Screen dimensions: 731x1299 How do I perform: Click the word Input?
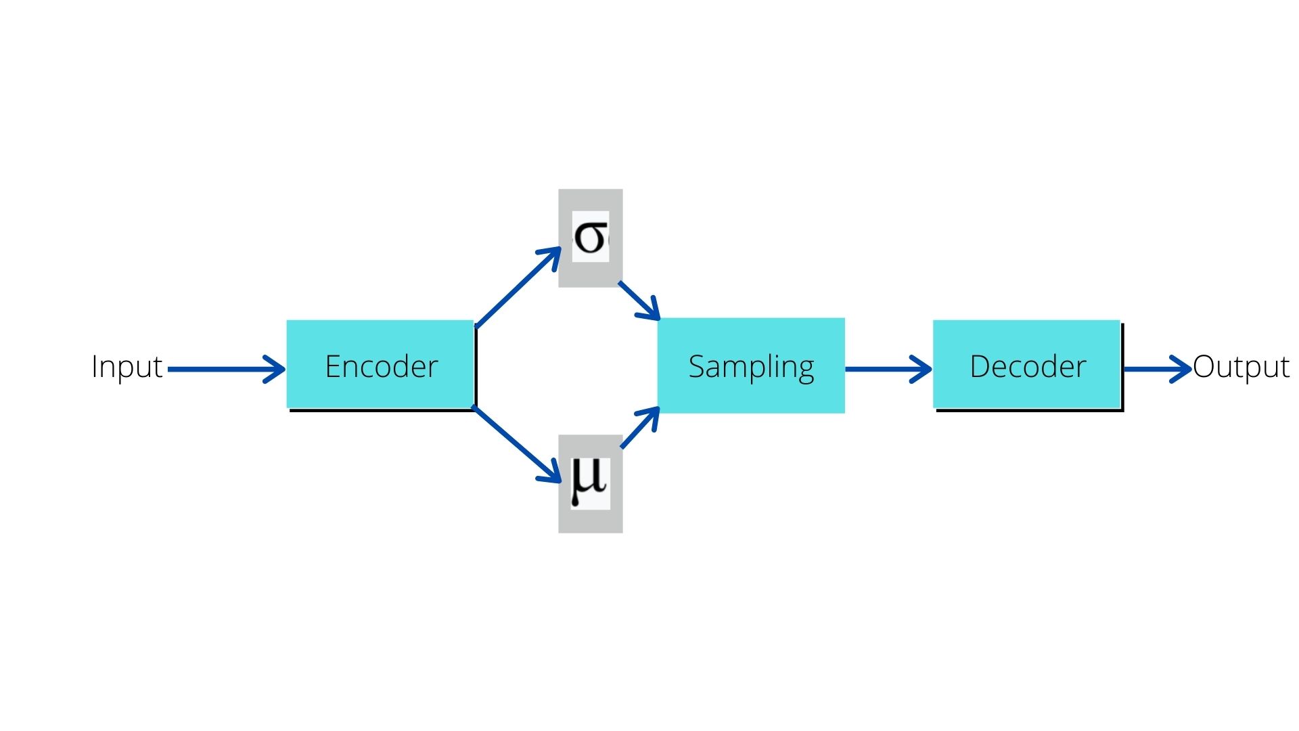127,367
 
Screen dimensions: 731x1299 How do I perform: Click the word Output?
1241,367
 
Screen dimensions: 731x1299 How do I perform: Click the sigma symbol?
590,238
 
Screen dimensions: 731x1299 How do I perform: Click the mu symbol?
589,481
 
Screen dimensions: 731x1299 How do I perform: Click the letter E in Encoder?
332,367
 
